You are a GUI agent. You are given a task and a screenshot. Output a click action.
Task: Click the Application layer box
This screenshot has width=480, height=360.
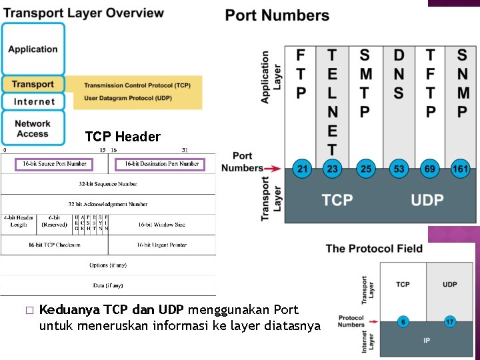point(33,49)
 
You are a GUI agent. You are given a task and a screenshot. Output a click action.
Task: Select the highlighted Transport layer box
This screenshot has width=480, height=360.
point(33,84)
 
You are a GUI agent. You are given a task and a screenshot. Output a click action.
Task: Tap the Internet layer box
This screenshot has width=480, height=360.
point(33,101)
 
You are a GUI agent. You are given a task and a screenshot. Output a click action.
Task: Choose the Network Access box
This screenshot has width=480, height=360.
point(33,128)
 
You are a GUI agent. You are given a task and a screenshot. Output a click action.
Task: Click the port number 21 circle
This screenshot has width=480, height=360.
point(302,169)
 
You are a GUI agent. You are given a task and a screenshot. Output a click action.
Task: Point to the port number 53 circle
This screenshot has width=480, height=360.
point(398,169)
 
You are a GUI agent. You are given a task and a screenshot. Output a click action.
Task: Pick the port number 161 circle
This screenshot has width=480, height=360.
point(461,169)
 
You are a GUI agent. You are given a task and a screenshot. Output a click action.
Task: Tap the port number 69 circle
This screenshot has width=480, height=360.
point(430,169)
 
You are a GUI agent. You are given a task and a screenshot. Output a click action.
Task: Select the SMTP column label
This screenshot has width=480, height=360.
point(365,83)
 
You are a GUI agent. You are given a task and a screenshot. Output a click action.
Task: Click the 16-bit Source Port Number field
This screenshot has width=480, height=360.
point(54,164)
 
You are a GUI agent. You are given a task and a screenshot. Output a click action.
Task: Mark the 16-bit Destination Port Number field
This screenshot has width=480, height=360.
point(161,164)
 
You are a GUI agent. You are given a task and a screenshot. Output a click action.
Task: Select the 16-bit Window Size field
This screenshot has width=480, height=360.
point(162,225)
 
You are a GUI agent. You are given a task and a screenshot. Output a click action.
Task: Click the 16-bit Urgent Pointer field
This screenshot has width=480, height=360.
point(162,245)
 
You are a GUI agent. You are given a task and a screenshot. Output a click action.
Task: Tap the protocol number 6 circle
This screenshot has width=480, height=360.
point(403,321)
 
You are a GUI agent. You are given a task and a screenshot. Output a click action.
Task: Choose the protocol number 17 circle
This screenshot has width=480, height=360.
point(449,321)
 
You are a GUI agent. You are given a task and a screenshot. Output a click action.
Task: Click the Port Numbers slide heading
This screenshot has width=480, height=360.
point(277,15)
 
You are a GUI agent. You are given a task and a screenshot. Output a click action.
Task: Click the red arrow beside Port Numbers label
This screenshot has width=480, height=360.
point(274,169)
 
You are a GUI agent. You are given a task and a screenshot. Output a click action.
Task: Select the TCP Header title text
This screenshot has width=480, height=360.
point(123,137)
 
